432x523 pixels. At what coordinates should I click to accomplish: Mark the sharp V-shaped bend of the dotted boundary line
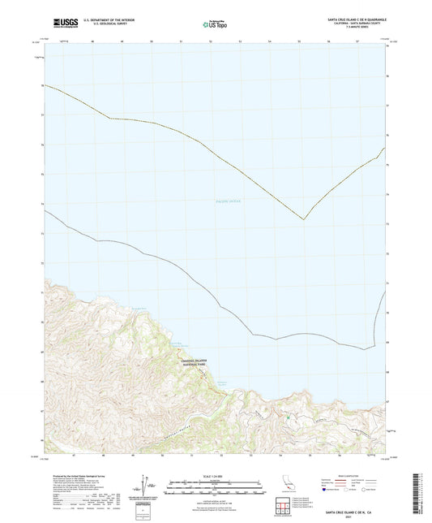303,219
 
